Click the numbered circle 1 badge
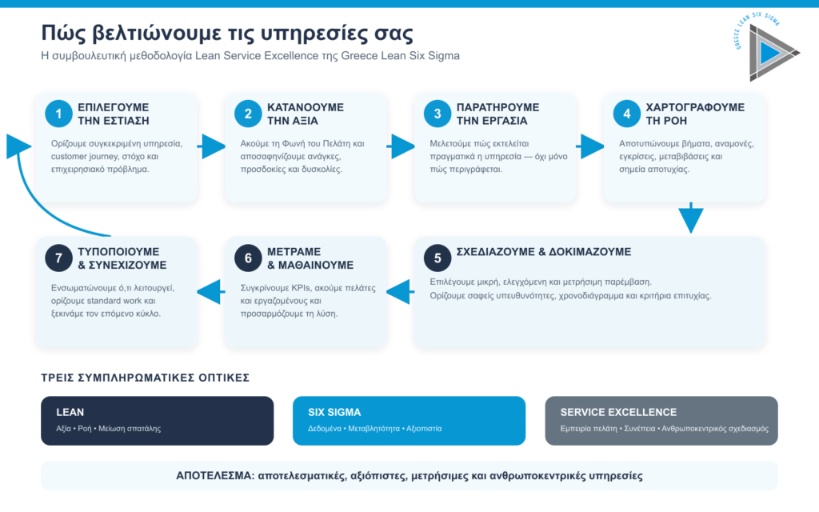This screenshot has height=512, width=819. click(x=58, y=114)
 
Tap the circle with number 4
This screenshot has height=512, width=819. click(x=627, y=114)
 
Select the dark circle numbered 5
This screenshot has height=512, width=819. click(x=437, y=258)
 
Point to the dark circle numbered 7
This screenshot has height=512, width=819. click(x=58, y=258)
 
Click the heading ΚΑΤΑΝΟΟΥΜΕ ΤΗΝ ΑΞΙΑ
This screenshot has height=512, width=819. click(x=305, y=114)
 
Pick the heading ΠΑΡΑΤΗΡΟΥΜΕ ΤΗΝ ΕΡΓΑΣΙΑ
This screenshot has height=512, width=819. click(x=497, y=114)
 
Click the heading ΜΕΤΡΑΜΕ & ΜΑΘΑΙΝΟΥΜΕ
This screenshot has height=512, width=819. click(x=310, y=258)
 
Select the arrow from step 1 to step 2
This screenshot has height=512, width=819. click(x=211, y=146)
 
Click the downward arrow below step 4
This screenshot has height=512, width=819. click(x=691, y=218)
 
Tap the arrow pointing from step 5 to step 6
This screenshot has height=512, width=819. click(x=401, y=291)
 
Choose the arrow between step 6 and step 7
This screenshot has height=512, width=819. click(x=211, y=291)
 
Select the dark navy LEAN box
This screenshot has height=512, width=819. click(x=158, y=421)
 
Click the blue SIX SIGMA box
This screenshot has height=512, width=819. click(x=409, y=421)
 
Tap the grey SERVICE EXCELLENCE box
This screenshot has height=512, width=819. click(x=661, y=421)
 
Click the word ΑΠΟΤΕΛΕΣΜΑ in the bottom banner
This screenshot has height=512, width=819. click(x=214, y=476)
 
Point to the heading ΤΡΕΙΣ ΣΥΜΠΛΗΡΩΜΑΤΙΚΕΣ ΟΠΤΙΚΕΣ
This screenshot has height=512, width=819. click(x=146, y=378)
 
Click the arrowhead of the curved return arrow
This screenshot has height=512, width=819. click(x=18, y=146)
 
